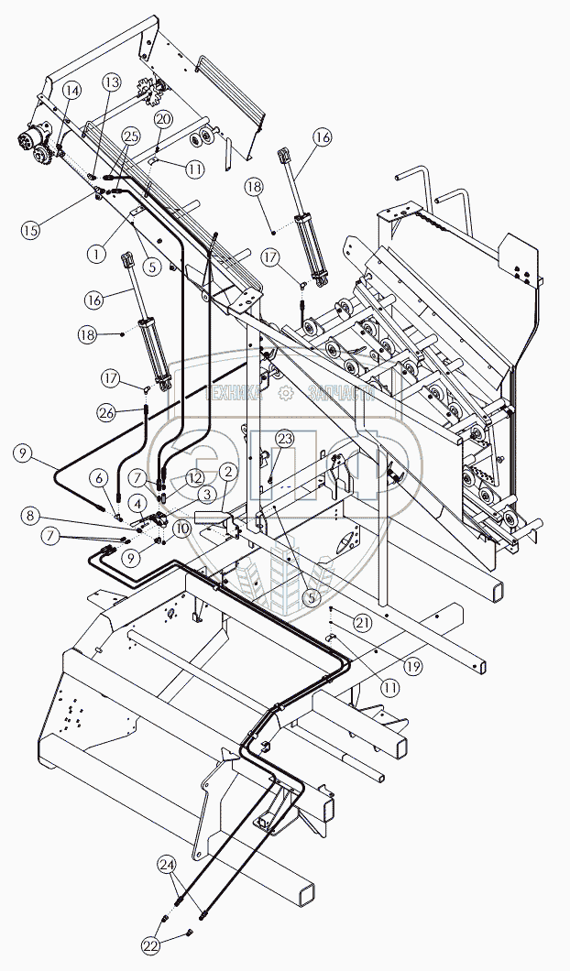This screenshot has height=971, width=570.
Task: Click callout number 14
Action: coord(71,90)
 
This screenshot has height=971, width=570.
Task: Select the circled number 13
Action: coord(111,82)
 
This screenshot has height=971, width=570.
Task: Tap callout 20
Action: coord(163,119)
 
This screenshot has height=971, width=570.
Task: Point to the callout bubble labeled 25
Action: coord(130,136)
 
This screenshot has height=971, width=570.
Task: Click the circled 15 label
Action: coord(32,228)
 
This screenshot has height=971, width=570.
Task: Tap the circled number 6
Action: coord(99,477)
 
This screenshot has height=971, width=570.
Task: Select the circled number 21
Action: coord(363,623)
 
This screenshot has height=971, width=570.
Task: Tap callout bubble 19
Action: coord(413,666)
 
